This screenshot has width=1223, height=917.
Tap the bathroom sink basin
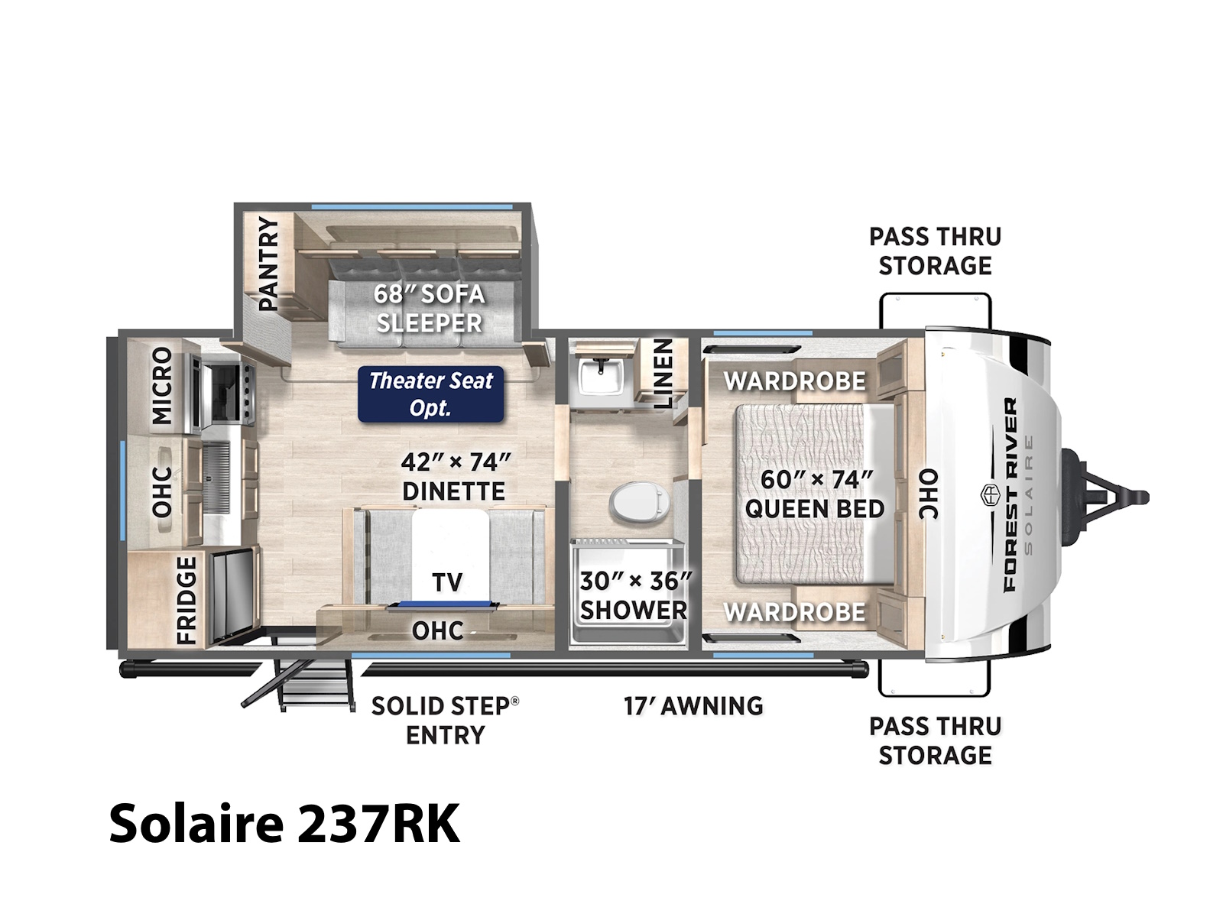click(x=602, y=377)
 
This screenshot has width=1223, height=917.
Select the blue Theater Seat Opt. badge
click(x=430, y=394)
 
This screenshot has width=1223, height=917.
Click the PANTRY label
click(x=269, y=264)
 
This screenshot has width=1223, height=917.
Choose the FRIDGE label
click(x=187, y=600)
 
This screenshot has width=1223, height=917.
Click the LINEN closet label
click(x=663, y=374)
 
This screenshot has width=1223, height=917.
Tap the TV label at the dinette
click(x=447, y=582)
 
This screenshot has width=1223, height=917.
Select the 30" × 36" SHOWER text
click(x=634, y=596)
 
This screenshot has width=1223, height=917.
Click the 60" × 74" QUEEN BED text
click(x=815, y=494)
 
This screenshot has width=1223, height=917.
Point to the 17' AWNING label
click(x=693, y=706)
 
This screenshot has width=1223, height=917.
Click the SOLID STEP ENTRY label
click(x=445, y=721)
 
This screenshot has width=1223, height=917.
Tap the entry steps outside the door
click(x=298, y=684)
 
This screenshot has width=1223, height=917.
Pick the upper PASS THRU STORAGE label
click(x=935, y=251)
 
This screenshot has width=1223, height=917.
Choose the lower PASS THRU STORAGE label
click(x=935, y=741)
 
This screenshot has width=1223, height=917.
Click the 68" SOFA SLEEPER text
click(x=429, y=309)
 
